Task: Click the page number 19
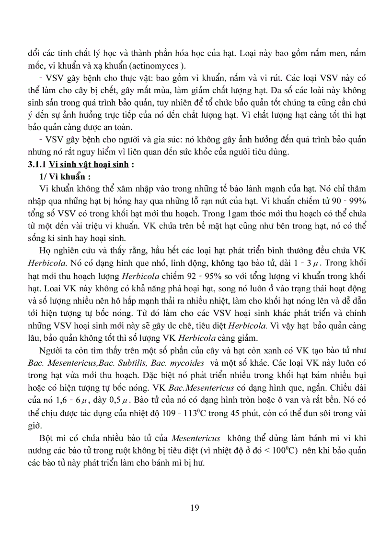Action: point(194,507)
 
